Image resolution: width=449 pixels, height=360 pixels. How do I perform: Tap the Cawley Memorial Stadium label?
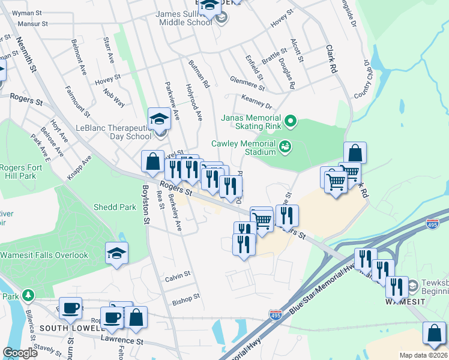(244, 148)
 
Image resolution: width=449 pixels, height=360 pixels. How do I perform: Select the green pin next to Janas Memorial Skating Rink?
(291, 122)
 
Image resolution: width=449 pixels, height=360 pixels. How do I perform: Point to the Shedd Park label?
(114, 207)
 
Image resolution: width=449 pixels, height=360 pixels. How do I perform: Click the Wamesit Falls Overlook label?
(44, 255)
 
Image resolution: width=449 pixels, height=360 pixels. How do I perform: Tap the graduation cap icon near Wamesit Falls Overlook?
(116, 253)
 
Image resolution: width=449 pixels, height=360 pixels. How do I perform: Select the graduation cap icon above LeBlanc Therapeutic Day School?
(160, 119)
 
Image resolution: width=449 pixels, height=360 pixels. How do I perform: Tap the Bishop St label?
(185, 298)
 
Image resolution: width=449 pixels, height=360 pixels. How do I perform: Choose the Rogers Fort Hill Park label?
(18, 172)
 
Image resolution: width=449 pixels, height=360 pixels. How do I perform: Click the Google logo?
(20, 353)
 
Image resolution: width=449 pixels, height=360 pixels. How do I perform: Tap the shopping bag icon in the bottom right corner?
(434, 334)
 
